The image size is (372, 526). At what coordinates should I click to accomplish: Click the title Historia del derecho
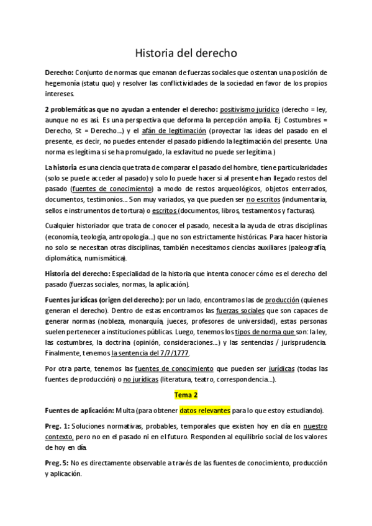click(186, 53)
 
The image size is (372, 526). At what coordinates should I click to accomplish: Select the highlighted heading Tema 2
click(186, 394)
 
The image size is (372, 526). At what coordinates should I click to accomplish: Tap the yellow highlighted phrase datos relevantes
click(205, 411)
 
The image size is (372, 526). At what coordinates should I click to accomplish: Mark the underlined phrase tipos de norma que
click(268, 332)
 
